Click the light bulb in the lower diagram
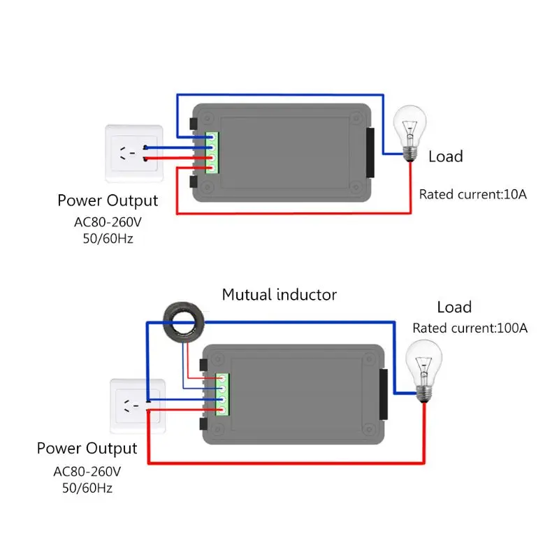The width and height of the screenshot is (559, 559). [424, 363]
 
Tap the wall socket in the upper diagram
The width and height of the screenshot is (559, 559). [133, 153]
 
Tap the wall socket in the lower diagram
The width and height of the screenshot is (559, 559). [138, 407]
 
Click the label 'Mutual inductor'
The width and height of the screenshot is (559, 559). [279, 295]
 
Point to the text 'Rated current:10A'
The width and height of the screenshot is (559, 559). [472, 194]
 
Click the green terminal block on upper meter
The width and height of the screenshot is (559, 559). [212, 153]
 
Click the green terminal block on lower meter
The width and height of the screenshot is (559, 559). [223, 396]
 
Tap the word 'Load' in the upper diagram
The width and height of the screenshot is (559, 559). [445, 157]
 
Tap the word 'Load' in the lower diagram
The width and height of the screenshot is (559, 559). [454, 307]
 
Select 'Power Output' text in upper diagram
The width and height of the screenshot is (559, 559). [108, 201]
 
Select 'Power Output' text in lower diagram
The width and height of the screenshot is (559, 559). [87, 448]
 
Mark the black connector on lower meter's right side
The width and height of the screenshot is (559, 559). [383, 395]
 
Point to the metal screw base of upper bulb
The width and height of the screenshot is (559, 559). [412, 152]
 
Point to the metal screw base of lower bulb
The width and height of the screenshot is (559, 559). [423, 393]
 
